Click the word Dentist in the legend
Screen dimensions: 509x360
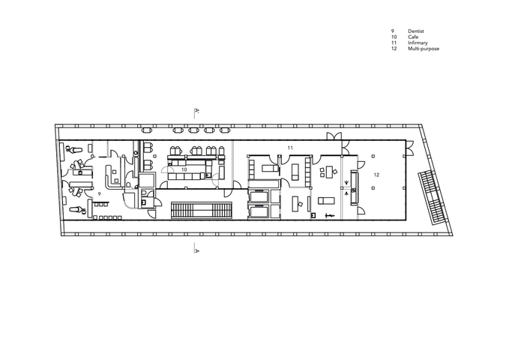tap(416, 31)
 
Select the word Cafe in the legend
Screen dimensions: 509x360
tap(413, 37)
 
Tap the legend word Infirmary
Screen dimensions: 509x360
tap(418, 43)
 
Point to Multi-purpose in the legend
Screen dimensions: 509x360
tap(424, 49)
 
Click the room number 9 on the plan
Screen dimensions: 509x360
tap(100, 193)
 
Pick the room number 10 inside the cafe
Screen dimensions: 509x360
tap(184, 169)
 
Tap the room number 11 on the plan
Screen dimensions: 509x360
tap(290, 148)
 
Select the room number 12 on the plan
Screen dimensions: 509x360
tap(376, 175)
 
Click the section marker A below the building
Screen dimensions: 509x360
tap(196, 250)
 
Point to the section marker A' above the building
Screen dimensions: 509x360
tap(197, 112)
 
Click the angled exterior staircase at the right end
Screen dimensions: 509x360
tap(432, 197)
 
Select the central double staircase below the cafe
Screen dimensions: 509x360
tap(201, 209)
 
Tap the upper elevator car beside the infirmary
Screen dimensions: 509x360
tap(259, 196)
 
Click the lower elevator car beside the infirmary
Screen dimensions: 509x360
tap(259, 211)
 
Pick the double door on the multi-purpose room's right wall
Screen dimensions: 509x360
tap(409, 148)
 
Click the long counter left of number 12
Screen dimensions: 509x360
tap(354, 187)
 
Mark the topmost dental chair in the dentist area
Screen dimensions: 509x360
tap(74, 149)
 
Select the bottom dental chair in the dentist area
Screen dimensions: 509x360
tap(78, 210)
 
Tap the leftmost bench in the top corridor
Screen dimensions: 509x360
tap(147, 130)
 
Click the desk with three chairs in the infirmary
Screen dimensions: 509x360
tap(328, 172)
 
